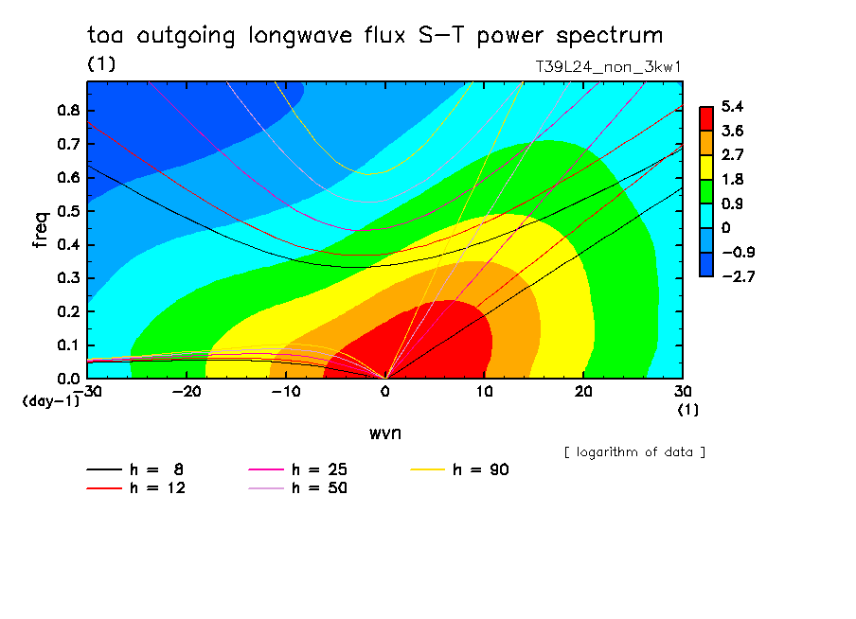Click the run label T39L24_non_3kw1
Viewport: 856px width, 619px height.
point(608,67)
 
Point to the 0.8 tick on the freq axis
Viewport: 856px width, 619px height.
point(69,110)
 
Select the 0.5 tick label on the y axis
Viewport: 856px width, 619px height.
point(69,211)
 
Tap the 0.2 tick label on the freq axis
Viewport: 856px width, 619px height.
point(69,311)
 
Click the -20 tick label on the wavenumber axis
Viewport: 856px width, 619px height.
point(187,392)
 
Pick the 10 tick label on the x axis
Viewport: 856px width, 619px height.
point(484,392)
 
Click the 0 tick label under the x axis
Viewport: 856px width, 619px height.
point(385,392)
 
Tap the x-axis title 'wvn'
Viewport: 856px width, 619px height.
point(385,433)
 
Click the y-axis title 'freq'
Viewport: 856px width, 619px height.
point(41,230)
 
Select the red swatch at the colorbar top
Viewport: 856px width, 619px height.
point(705,118)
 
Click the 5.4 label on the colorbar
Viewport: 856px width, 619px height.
point(732,106)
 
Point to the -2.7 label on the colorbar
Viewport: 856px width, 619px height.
point(738,276)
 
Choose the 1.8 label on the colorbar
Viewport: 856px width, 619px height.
point(732,180)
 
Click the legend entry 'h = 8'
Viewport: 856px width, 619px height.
point(134,469)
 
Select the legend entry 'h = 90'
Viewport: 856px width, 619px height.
point(459,469)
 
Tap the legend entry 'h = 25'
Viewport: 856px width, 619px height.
point(297,469)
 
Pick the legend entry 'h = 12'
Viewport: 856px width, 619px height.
point(136,487)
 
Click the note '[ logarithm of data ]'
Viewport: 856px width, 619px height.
point(635,452)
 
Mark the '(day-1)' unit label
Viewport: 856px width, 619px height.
point(51,401)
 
